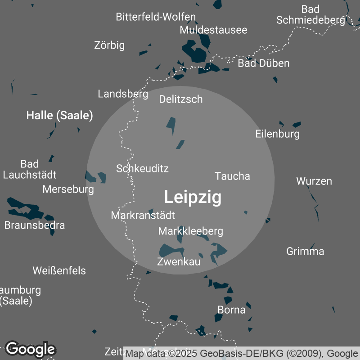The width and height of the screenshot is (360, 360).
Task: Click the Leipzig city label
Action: (193, 197)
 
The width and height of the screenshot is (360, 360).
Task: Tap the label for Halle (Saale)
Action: (59, 116)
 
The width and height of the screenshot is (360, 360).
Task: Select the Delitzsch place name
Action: (181, 99)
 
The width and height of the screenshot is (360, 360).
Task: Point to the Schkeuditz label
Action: (142, 168)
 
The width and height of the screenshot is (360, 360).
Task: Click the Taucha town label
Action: (232, 176)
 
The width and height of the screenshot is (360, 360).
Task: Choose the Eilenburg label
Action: (277, 134)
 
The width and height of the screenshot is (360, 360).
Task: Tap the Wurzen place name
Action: (314, 181)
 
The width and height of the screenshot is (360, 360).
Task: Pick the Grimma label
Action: (305, 251)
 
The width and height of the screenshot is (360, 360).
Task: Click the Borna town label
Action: (231, 310)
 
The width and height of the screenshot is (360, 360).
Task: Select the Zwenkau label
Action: (179, 261)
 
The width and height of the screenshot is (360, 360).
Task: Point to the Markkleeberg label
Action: (190, 231)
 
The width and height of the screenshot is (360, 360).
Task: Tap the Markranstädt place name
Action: (143, 215)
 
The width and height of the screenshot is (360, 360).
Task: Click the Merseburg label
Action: (68, 189)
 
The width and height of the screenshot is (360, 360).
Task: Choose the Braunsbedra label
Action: (35, 225)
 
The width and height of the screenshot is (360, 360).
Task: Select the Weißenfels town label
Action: (59, 271)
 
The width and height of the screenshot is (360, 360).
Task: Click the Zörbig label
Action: (109, 45)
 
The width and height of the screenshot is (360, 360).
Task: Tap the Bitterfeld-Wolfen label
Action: (156, 17)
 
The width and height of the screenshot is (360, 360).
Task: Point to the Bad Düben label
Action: (263, 63)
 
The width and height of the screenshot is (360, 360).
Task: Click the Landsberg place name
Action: (123, 94)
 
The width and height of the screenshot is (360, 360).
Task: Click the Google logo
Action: (30, 349)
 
